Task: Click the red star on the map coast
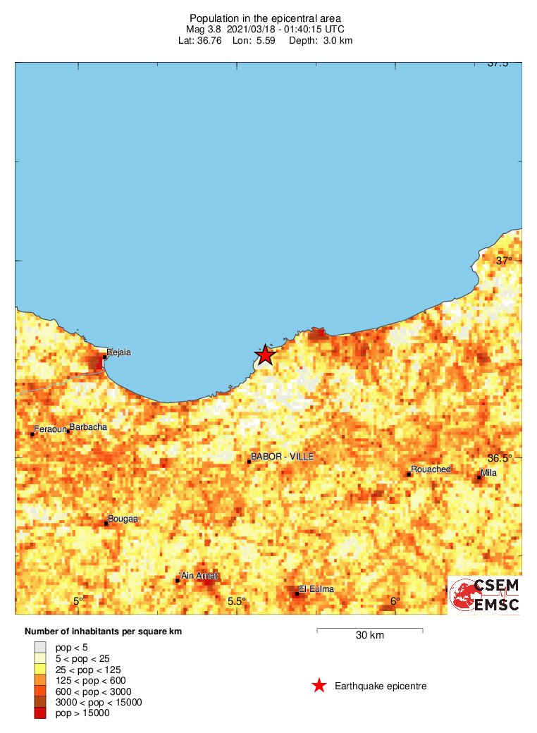click(x=264, y=355)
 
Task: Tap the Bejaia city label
click(x=119, y=352)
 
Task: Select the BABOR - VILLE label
click(x=283, y=457)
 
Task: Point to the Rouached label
click(x=431, y=469)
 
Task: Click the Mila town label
click(x=488, y=473)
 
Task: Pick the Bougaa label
click(x=124, y=519)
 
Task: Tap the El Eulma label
click(x=316, y=589)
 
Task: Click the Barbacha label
click(x=88, y=426)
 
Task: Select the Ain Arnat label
click(x=199, y=576)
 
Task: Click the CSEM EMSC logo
click(x=485, y=595)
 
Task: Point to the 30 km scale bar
click(x=369, y=629)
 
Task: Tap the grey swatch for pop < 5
click(x=40, y=646)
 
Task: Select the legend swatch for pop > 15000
click(x=40, y=713)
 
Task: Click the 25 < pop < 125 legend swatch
click(x=40, y=669)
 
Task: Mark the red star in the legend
click(x=319, y=686)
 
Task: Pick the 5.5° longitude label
click(x=236, y=601)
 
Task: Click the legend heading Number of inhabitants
click(x=103, y=632)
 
